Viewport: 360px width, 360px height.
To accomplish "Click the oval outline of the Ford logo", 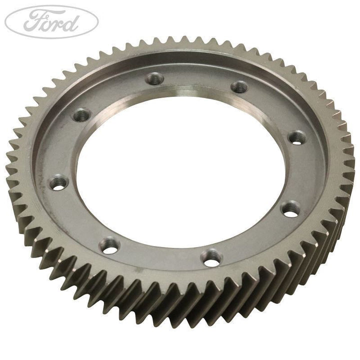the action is pyautogui.click(x=51, y=6).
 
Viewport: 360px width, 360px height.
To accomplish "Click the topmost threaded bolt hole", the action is pyautogui.click(x=154, y=78).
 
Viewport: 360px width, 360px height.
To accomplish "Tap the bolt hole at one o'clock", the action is pyautogui.click(x=239, y=87).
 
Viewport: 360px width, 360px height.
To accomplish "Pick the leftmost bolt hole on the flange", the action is pyautogui.click(x=59, y=182).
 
